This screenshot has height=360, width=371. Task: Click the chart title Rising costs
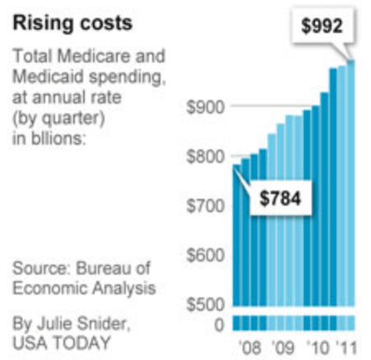tap(72, 24)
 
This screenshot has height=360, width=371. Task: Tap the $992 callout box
tap(322, 26)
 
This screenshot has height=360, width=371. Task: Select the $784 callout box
tap(281, 198)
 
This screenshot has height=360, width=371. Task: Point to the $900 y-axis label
tap(206, 107)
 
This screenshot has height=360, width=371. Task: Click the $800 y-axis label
tap(206, 157)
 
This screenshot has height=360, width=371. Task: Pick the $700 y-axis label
tap(206, 206)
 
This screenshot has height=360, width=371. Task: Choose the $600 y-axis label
tap(206, 256)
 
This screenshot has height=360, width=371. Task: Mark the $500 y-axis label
tap(206, 304)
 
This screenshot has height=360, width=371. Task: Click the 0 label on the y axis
tap(220, 325)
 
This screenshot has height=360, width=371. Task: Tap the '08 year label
tap(250, 348)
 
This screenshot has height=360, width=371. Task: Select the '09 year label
tap(283, 348)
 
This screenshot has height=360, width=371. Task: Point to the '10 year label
tap(318, 348)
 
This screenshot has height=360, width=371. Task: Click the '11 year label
tap(346, 348)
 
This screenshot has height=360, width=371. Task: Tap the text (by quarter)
tap(58, 118)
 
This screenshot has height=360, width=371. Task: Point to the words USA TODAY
tap(62, 343)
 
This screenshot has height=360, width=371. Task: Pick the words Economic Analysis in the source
tap(84, 288)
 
